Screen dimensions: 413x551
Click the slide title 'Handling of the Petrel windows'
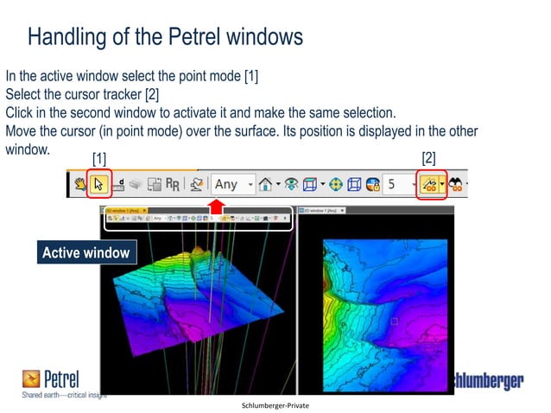pyautogui.click(x=165, y=37)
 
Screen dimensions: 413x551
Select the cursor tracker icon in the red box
pyautogui.click(x=428, y=184)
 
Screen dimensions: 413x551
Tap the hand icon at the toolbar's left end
pyautogui.click(x=79, y=184)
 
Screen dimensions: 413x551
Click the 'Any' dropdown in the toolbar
pyautogui.click(x=233, y=184)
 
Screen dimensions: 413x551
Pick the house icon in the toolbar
pyautogui.click(x=266, y=184)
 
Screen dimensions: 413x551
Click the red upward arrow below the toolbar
pyautogui.click(x=217, y=205)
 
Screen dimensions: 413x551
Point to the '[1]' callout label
pyautogui.click(x=101, y=159)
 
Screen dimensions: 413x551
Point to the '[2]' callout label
pyautogui.click(x=429, y=158)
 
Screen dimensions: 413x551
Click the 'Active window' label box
pyautogui.click(x=85, y=253)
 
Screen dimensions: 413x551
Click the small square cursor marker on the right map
pyautogui.click(x=395, y=321)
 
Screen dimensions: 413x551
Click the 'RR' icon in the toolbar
pyautogui.click(x=173, y=184)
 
